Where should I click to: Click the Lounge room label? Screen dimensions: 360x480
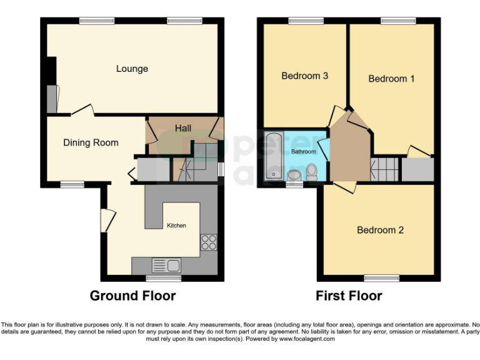coord(132,69)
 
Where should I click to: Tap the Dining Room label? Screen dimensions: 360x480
coord(91,142)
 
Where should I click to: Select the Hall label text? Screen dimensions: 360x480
coord(183,128)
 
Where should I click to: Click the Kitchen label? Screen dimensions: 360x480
coord(176,225)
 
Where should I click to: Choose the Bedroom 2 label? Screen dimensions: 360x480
coord(380,230)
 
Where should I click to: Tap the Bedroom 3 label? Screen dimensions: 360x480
coord(305,76)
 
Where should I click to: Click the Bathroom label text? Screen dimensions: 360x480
coord(304,152)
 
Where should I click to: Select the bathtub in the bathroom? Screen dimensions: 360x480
coord(274,156)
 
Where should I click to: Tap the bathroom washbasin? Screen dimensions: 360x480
coord(294,174)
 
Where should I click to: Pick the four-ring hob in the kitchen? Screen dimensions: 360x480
coord(208,242)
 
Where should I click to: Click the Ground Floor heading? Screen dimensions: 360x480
coord(132,296)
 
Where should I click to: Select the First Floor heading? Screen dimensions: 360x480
coord(349,296)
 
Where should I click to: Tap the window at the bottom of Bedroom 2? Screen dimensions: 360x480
coord(382,277)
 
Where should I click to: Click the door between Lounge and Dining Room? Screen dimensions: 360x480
coord(82,112)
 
